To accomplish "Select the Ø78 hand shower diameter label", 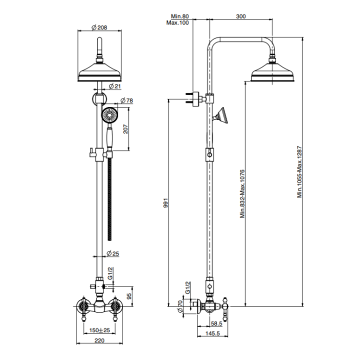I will pyautogui.click(x=128, y=100).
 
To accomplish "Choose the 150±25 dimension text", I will pyautogui.click(x=100, y=330).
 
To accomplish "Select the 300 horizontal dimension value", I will pyautogui.click(x=240, y=16).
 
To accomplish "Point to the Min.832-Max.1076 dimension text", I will pyautogui.click(x=241, y=193).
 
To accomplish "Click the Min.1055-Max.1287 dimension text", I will pyautogui.click(x=300, y=172).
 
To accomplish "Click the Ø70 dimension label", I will pyautogui.click(x=179, y=306).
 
